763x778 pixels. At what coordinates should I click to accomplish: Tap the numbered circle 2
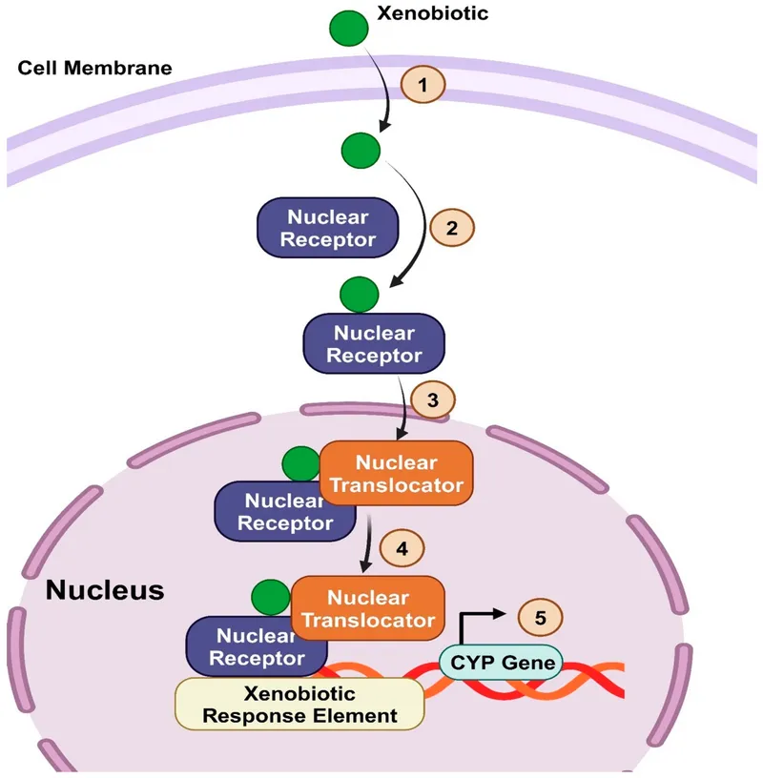pos(452,228)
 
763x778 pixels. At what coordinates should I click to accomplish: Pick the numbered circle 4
pos(401,549)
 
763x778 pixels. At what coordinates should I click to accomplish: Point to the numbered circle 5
pos(540,617)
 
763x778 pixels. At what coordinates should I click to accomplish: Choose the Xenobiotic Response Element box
pos(299,704)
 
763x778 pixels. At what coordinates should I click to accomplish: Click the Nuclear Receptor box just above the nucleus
pos(374,344)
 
